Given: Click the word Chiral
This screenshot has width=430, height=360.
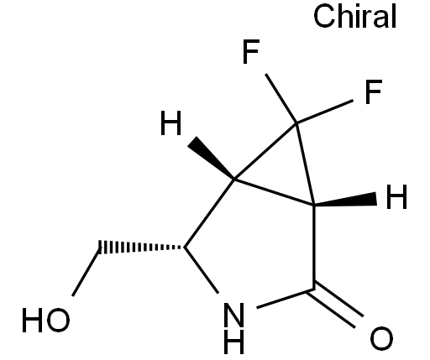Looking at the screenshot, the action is point(354,17).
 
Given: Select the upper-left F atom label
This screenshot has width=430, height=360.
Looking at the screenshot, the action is point(251,52).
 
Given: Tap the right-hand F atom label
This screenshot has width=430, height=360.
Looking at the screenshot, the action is point(374,91).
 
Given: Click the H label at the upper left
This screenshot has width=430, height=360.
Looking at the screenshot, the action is point(170,123).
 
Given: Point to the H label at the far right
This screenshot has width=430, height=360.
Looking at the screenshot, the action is point(396,196).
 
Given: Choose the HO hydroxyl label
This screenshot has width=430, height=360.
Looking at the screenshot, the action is point(46,320).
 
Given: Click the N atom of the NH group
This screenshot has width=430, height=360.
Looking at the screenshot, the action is point(234,315).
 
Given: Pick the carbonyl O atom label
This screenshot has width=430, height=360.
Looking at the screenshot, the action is point(381,338).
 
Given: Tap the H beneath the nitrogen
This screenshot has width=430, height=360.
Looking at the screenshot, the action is point(234,342).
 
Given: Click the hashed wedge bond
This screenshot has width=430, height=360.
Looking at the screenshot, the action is point(141,248).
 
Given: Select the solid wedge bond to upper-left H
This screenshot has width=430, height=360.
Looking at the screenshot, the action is point(212,158).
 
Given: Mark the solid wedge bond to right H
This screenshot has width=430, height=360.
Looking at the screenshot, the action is point(345,200).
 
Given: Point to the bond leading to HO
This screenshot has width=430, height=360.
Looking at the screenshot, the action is point(86,272).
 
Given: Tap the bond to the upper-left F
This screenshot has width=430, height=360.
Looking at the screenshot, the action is point(281,98).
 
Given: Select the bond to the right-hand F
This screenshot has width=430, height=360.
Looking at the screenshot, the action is point(325,112).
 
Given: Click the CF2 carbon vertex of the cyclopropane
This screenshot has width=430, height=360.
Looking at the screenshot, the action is point(296,123).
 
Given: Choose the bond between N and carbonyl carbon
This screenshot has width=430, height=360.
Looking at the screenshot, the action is point(285,299).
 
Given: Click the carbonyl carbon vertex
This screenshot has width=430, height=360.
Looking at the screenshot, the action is point(314,290).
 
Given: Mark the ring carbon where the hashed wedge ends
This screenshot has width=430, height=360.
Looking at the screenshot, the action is point(185,248).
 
